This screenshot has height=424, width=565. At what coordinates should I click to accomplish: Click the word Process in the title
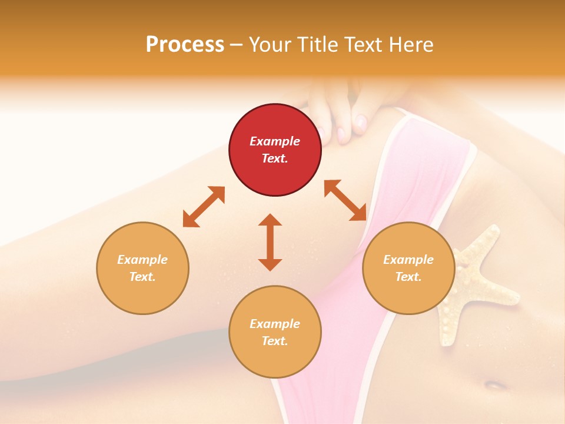pos(185,45)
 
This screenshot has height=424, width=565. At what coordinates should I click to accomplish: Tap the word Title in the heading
pos(321,45)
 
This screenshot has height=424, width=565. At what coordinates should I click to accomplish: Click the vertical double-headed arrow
pos(270,242)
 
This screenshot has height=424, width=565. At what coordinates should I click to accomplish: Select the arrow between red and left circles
pos(204,207)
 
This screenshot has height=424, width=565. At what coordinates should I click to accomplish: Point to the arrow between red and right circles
pos(345,200)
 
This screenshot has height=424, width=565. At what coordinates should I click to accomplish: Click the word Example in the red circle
pos(275,141)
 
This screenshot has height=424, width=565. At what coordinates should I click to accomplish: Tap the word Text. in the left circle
pos(142,277)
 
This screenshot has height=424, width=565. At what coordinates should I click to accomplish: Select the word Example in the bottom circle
pos(275,324)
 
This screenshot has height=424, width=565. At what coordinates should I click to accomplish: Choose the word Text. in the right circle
pos(408,277)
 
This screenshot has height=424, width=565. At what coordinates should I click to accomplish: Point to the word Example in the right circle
pos(408,260)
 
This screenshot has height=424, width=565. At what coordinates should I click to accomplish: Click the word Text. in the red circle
pos(275,158)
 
